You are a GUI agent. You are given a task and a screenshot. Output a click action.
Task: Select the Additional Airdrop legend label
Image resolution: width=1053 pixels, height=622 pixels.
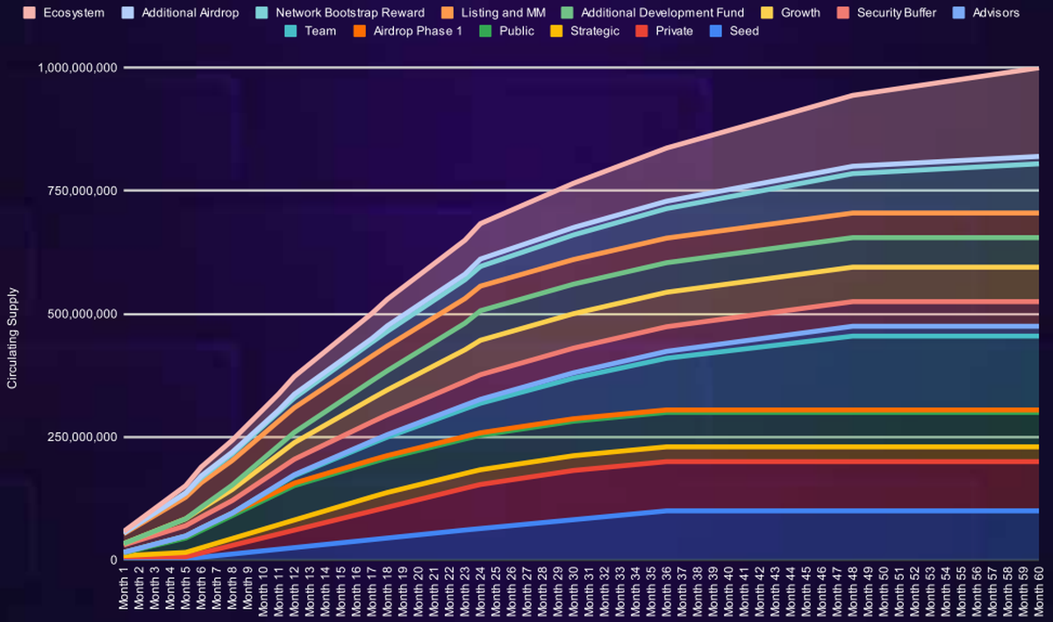pos(189,12)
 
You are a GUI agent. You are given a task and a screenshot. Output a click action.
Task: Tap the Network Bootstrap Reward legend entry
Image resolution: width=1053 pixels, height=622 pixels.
pos(349,12)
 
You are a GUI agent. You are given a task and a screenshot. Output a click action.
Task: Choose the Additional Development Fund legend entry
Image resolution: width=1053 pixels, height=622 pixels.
pos(662,12)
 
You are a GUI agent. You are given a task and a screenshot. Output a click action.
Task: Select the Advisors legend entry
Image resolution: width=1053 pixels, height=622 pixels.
pos(995,12)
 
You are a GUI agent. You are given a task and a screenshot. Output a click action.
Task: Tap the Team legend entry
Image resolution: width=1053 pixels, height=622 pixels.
pos(318,31)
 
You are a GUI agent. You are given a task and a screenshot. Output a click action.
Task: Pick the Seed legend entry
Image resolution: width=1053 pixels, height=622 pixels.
pos(743,31)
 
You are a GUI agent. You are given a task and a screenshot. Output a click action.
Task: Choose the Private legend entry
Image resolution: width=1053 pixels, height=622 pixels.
pos(673,31)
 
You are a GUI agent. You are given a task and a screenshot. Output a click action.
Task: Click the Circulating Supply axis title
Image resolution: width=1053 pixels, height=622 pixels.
pos(12,339)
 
